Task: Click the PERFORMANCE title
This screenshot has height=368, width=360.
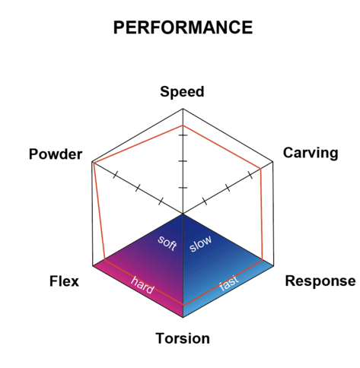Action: click(x=183, y=27)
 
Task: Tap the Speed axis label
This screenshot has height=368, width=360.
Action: click(x=182, y=92)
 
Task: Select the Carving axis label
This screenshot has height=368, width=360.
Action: click(x=311, y=153)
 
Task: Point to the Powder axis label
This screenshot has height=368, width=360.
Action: click(x=56, y=154)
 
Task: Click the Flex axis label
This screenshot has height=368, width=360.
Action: click(x=64, y=281)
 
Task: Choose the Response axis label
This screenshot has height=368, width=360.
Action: click(x=320, y=281)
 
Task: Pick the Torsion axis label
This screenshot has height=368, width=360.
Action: click(x=183, y=338)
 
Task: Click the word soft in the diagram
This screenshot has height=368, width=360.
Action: click(x=167, y=243)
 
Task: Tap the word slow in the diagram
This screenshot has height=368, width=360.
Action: click(x=200, y=243)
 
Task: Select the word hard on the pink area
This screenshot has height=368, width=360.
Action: click(x=142, y=285)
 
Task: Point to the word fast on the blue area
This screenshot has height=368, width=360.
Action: click(x=229, y=282)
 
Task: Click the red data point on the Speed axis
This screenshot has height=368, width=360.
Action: click(x=183, y=125)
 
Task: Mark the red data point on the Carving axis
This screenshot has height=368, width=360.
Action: click(x=261, y=168)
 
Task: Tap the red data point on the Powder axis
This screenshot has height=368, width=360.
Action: click(x=94, y=163)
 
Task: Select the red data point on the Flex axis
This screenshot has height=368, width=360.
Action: click(x=104, y=259)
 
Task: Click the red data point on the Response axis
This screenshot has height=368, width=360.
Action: click(x=263, y=259)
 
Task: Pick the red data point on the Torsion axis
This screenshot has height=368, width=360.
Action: click(x=183, y=305)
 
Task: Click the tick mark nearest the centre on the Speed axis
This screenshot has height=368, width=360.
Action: click(x=183, y=188)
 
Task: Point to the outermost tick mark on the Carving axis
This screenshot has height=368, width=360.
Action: click(x=250, y=175)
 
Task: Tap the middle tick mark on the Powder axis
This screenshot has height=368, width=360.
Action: click(x=138, y=188)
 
